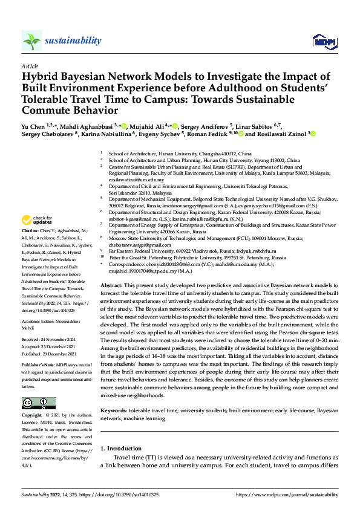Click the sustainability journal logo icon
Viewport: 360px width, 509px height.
(31, 41)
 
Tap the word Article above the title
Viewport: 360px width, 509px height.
(29, 66)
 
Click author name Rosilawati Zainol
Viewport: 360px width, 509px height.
(283, 134)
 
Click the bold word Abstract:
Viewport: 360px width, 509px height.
(112, 284)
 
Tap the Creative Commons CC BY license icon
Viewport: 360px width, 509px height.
(38, 403)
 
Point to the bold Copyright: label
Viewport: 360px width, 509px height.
(32, 417)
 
